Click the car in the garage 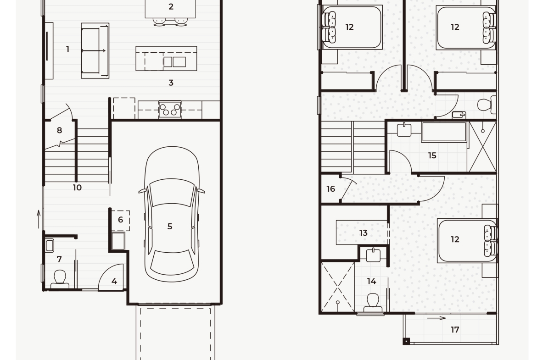pos(172,214)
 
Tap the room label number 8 pos(59,130)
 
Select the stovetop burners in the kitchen pos(170,109)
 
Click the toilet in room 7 pos(60,279)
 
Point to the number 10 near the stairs pos(77,188)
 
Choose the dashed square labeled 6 pos(121,221)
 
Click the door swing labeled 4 pos(111,277)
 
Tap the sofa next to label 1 pos(95,50)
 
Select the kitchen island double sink pos(175,62)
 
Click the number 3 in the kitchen pos(171,83)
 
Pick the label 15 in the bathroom pos(432,156)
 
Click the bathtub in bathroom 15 pos(444,132)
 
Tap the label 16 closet pos(330,189)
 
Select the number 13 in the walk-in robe pos(364,233)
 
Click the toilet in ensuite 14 pos(373,303)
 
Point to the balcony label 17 pos(455,330)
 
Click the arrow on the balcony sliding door pos(436,318)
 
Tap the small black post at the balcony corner pos(406,341)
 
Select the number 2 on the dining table pos(171,6)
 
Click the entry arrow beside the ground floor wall pos(39,219)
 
